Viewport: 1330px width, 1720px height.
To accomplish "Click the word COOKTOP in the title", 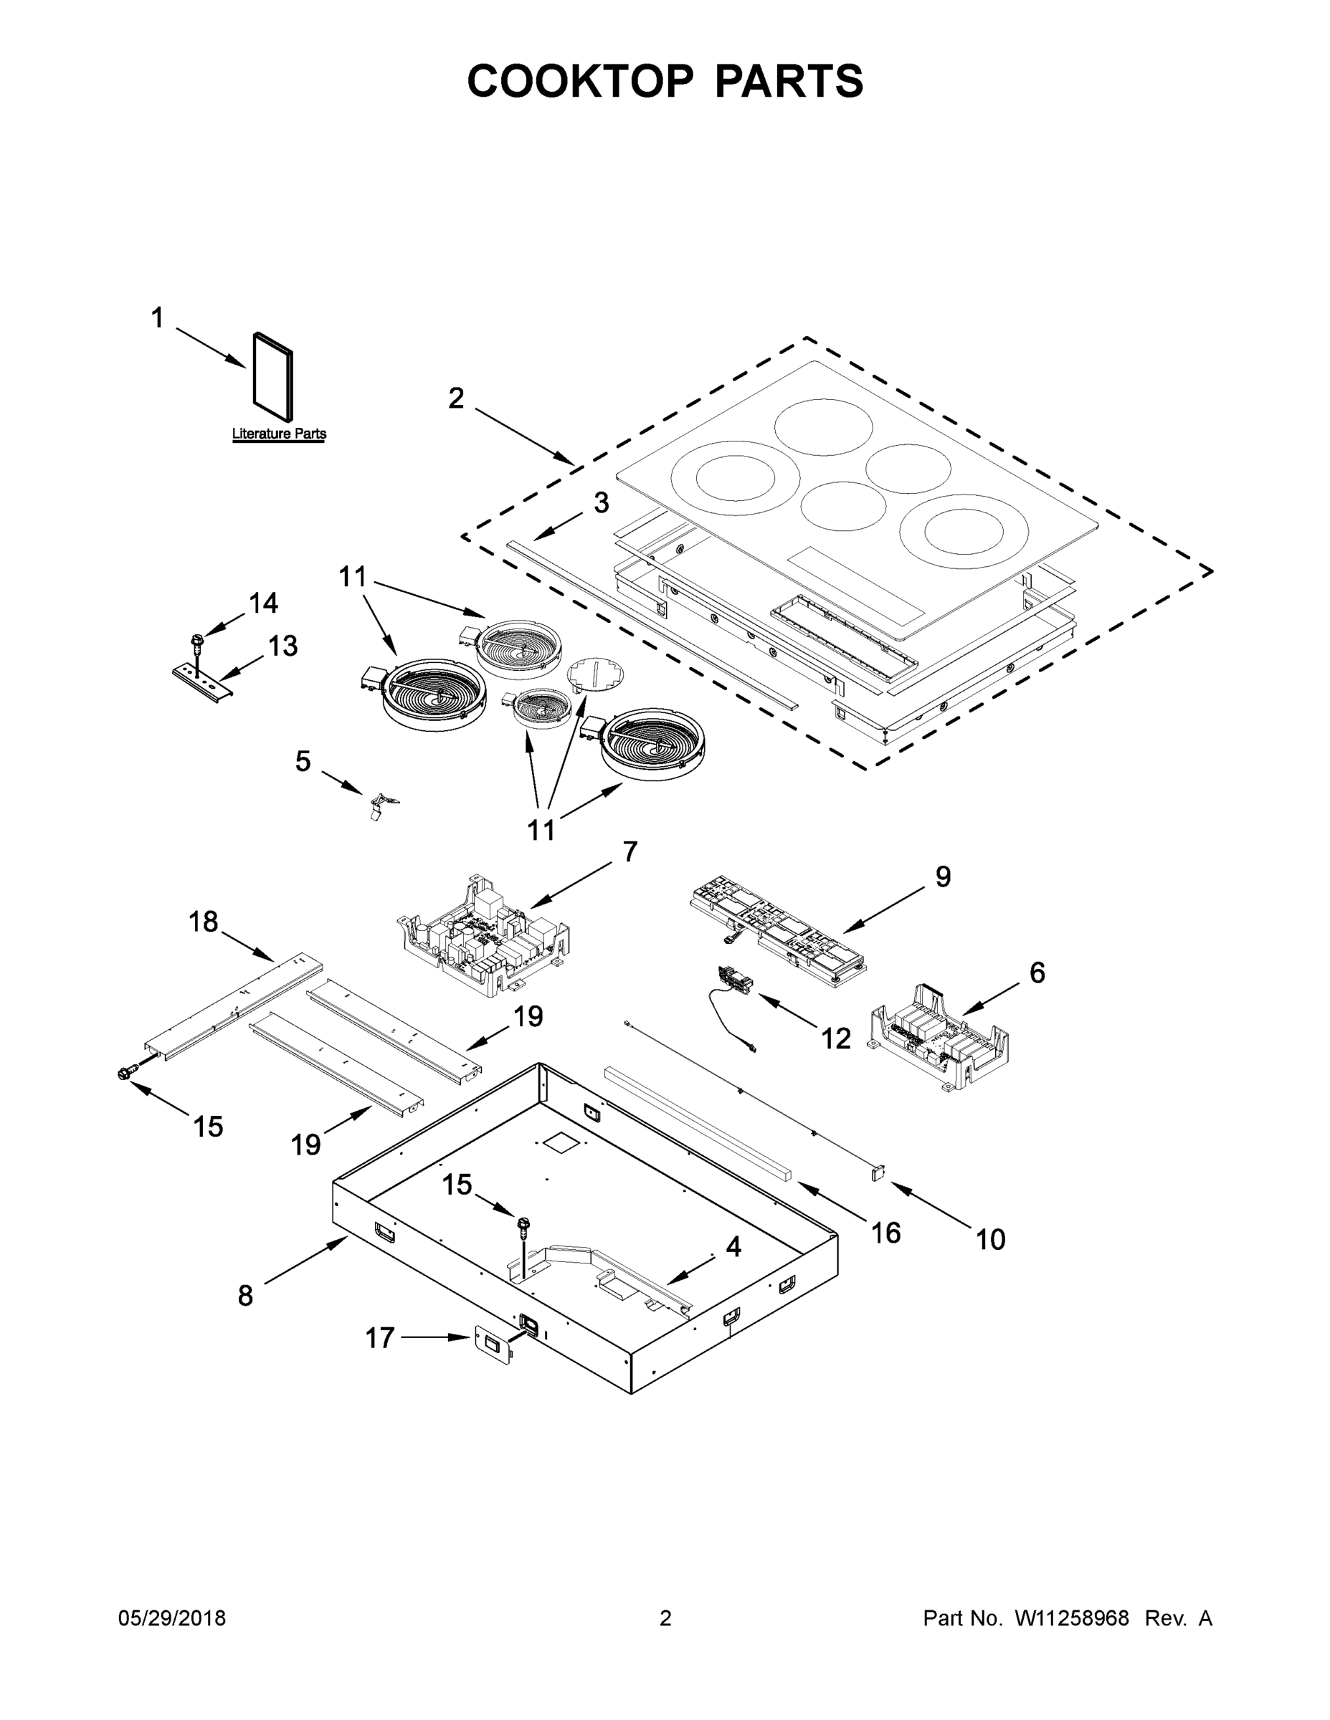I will click(581, 81).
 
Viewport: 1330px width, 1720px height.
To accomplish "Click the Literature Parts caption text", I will click(279, 434).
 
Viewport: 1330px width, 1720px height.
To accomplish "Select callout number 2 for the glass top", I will click(456, 399).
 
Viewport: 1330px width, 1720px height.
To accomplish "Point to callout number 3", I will click(601, 502).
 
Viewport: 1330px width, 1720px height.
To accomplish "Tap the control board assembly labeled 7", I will click(485, 937).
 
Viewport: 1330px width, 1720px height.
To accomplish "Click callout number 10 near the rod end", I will click(990, 1241).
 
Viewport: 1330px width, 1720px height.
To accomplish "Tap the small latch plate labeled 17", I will click(493, 1347).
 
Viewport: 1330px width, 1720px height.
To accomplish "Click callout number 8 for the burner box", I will click(246, 1296).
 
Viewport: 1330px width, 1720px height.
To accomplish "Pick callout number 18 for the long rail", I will click(204, 922).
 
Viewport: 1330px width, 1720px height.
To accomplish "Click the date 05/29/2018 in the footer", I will click(172, 1618).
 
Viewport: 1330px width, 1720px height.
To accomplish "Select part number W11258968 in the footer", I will click(1072, 1618).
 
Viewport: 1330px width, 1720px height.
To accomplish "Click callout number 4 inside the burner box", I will click(733, 1247).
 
